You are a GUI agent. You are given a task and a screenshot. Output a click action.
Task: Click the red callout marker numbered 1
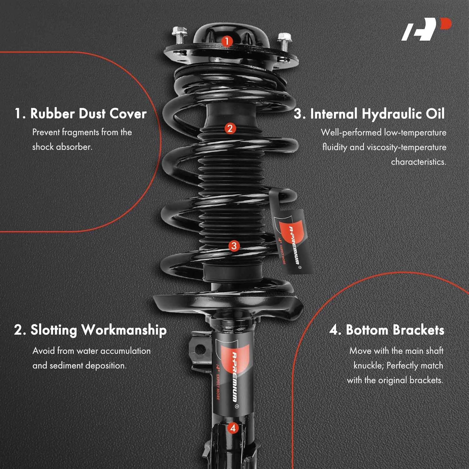[227, 41]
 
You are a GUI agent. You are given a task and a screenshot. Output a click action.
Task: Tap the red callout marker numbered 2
[230, 128]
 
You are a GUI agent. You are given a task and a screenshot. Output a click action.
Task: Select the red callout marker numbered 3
[234, 246]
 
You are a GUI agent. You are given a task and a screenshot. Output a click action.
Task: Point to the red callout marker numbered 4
[233, 428]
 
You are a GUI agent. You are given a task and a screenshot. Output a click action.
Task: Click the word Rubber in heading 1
[52, 113]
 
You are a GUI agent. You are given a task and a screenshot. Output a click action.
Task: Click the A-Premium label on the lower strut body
[234, 375]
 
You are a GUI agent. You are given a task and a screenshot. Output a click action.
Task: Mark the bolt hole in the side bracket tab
[200, 349]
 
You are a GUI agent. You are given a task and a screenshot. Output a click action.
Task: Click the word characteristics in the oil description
[418, 162]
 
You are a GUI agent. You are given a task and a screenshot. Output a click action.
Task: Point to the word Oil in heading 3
[435, 114]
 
